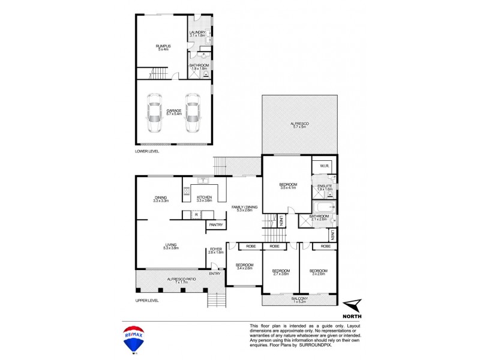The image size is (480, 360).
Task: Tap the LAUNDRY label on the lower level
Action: pyautogui.click(x=197, y=34)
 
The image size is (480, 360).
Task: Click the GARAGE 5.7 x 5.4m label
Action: pyautogui.click(x=173, y=112)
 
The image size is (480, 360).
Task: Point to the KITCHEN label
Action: pyautogui.click(x=205, y=198)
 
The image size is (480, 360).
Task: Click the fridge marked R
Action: pyautogui.click(x=197, y=214)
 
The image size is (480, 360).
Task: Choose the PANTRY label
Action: pyautogui.click(x=216, y=225)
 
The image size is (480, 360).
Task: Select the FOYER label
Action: pyautogui.click(x=216, y=251)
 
